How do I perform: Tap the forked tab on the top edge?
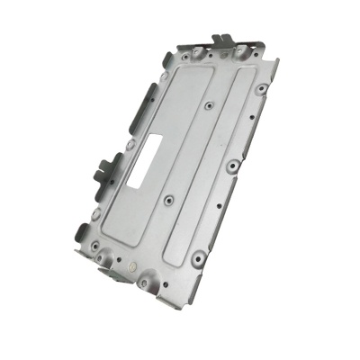point(222,40)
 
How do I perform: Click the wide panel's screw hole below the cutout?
point(168,200)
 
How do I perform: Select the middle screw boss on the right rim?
point(232,166)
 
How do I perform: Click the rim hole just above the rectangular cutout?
point(130,144)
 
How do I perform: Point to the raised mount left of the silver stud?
point(108,262)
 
